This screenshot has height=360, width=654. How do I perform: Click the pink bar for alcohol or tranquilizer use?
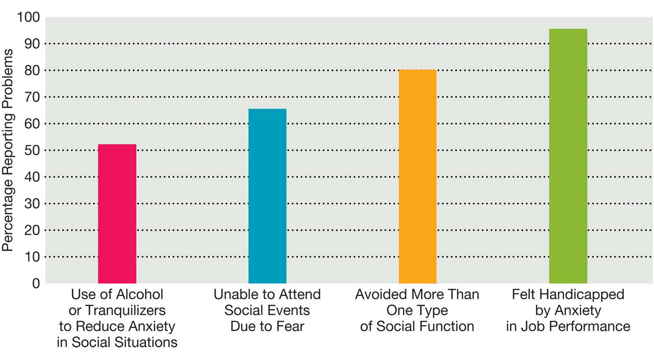point(117,213)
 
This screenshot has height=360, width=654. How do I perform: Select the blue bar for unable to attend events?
point(267,195)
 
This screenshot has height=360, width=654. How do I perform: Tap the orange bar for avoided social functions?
point(417,176)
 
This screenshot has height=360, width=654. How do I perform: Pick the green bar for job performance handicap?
point(568,156)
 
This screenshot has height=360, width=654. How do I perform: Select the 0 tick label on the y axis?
point(35,283)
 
